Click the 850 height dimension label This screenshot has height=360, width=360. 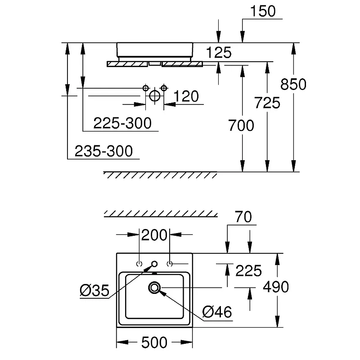pyautogui.click(x=293, y=84)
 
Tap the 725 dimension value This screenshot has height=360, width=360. pyautogui.click(x=267, y=103)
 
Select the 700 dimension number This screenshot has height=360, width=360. pyautogui.click(x=241, y=126)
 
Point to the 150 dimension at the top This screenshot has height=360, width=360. pyautogui.click(x=263, y=11)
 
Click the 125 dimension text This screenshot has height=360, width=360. pyautogui.click(x=219, y=53)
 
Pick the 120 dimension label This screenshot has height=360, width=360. pyautogui.click(x=186, y=96)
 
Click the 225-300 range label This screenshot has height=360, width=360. pyautogui.click(x=122, y=123)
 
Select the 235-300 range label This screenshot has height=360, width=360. pyautogui.click(x=103, y=151)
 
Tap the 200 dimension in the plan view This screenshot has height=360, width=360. pyautogui.click(x=154, y=235)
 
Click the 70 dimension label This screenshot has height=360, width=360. pyautogui.click(x=243, y=217)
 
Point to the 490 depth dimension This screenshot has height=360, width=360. pyautogui.click(x=275, y=287)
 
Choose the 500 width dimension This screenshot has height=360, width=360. pyautogui.click(x=154, y=342)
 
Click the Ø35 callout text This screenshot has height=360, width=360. pyautogui.click(x=94, y=291)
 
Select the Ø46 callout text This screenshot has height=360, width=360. pyautogui.click(x=217, y=312)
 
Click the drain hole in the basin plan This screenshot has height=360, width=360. pyautogui.click(x=154, y=288)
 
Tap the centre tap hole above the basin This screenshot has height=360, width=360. pyautogui.click(x=154, y=264)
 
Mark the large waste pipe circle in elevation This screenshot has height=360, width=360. pyautogui.click(x=154, y=96)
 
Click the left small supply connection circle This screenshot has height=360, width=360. pyautogui.click(x=145, y=88)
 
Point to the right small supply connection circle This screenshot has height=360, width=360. pyautogui.click(x=164, y=88)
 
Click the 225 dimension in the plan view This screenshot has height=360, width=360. pyautogui.click(x=248, y=271)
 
